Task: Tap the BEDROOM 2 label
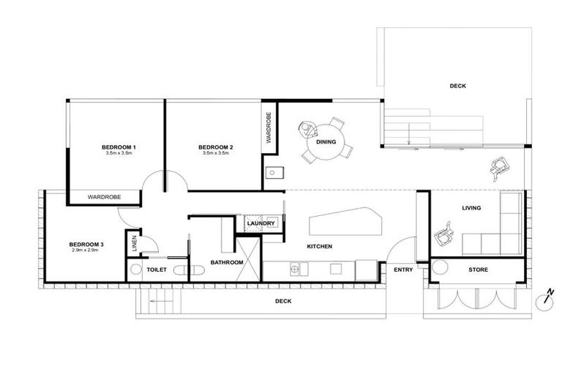(x=216, y=148)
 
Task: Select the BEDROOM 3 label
(x=86, y=244)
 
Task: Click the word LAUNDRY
(x=261, y=223)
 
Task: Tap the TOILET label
(x=157, y=270)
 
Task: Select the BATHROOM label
(x=227, y=262)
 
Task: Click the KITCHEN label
(x=319, y=247)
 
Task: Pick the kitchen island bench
(x=345, y=221)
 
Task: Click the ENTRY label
(x=403, y=270)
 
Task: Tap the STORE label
(x=478, y=270)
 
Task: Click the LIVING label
(x=471, y=208)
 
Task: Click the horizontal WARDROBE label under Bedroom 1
(x=104, y=197)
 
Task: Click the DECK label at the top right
(x=457, y=86)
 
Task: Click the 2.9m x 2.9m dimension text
(x=86, y=250)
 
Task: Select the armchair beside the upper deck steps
(x=500, y=168)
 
